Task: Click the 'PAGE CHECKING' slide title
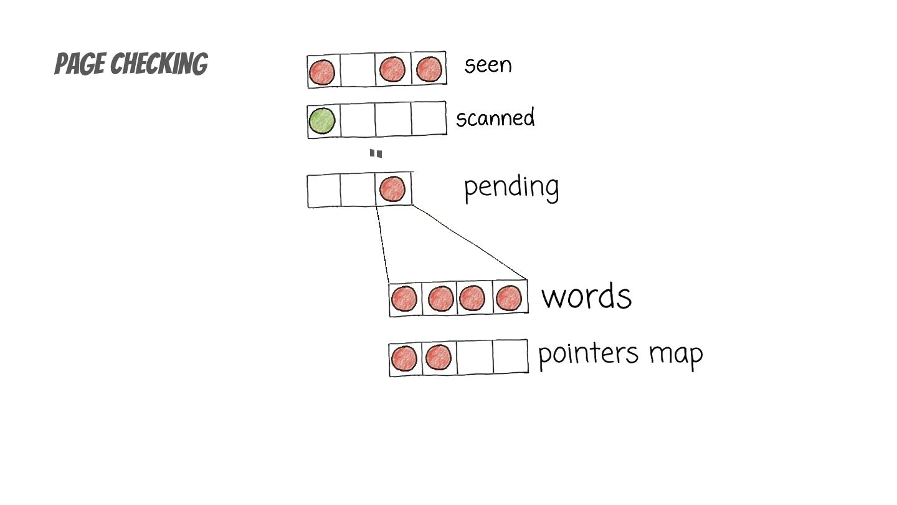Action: pos(131,64)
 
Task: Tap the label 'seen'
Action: pos(488,65)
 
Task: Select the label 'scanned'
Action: pos(495,118)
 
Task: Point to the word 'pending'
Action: pos(511,187)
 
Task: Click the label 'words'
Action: pos(586,296)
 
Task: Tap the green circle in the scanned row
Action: pos(322,120)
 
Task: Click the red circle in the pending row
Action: pos(392,189)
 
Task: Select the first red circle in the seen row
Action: pos(322,72)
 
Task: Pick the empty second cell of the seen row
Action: pos(357,70)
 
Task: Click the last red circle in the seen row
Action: pos(429,69)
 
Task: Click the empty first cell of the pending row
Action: pos(324,191)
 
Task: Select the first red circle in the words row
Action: pos(404,299)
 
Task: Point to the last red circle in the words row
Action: pos(509,298)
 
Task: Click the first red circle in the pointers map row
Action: pos(404,358)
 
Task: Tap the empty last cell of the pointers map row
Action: pos(510,357)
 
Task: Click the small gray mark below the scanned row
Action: pos(376,153)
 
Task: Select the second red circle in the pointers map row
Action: pos(438,358)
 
